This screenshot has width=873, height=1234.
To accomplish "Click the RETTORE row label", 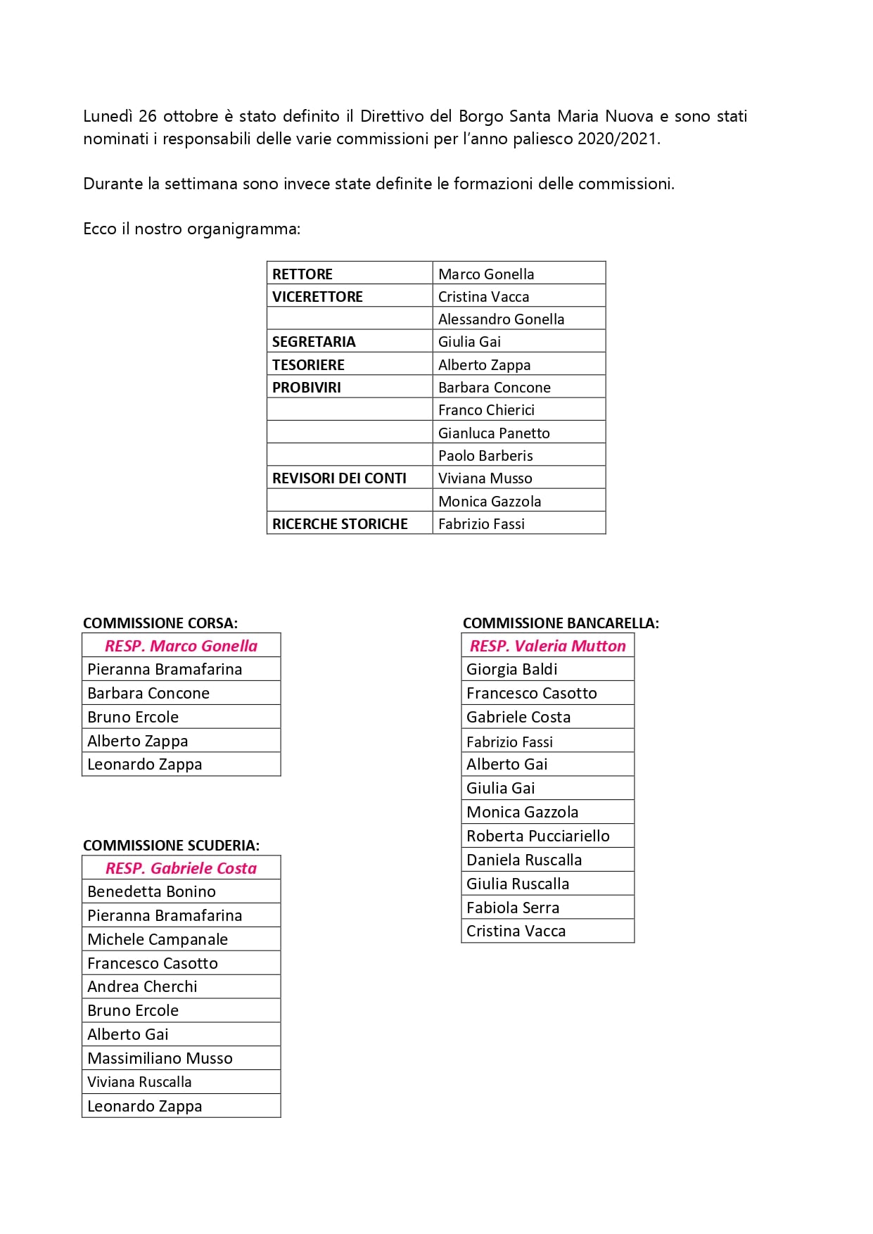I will pos(302,274).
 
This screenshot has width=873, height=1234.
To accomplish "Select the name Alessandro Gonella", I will pos(501,319).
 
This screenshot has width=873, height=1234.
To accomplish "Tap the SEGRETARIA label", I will pos(314,342).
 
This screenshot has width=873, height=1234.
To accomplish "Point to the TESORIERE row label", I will pos(308,365).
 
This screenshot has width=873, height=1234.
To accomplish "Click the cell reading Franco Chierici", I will pos(486,410).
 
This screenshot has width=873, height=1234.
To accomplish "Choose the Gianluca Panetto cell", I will pos(494,433).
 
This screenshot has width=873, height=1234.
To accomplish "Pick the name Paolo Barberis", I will pos(485,456).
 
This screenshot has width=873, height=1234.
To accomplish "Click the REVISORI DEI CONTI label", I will pos(339,478).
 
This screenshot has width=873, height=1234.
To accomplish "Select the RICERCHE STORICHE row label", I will pos(340,524).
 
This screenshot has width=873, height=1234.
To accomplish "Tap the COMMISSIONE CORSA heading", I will pos(160,623).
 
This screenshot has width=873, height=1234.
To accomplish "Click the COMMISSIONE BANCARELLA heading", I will pos(561,623).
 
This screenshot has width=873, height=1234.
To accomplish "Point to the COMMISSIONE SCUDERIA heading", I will pos(171,845).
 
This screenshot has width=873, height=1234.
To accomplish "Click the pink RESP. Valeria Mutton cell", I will pos(547,646).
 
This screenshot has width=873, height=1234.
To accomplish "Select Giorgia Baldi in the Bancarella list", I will pos(511,669).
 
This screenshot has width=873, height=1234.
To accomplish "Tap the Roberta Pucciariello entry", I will pos(537,836).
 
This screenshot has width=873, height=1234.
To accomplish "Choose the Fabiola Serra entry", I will pos(513,908).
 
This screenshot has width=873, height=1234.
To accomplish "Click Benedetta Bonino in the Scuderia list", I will pos(151,891).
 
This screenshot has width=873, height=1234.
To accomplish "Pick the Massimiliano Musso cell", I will pos(160,1058).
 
